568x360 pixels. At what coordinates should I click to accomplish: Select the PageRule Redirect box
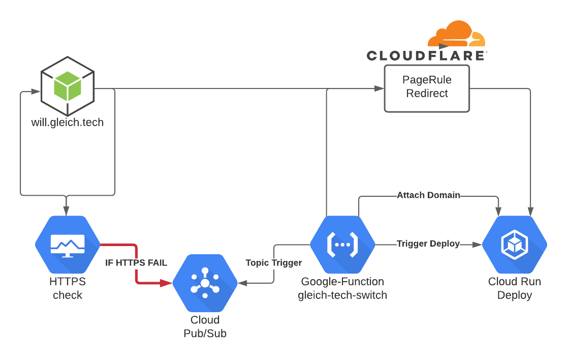pos(427,88)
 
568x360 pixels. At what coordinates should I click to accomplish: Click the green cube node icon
pos(68,86)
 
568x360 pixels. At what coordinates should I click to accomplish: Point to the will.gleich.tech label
pos(68,122)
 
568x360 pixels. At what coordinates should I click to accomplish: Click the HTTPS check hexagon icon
pos(68,245)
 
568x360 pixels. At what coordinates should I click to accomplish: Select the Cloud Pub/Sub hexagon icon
pos(205,283)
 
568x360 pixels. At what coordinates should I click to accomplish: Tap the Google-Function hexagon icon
pos(342,245)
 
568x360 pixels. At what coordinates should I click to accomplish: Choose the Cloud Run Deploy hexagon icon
pos(514,245)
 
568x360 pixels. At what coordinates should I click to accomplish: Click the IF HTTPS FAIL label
pos(136,263)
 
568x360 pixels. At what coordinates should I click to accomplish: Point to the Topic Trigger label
pos(273,263)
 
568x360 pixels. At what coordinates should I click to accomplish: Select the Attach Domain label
pos(428,195)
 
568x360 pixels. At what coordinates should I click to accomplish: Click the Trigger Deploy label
pos(428,244)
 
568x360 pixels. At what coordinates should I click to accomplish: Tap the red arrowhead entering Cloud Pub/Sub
pos(166,283)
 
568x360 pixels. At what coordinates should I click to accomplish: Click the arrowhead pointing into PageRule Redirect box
pos(380,88)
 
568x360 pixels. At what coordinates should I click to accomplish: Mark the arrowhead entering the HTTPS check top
pos(66,211)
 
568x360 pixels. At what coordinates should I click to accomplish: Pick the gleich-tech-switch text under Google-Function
pos(342,295)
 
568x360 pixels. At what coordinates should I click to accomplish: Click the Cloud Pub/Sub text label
pos(205,326)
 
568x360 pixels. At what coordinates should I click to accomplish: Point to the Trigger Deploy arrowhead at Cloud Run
pos(477,245)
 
